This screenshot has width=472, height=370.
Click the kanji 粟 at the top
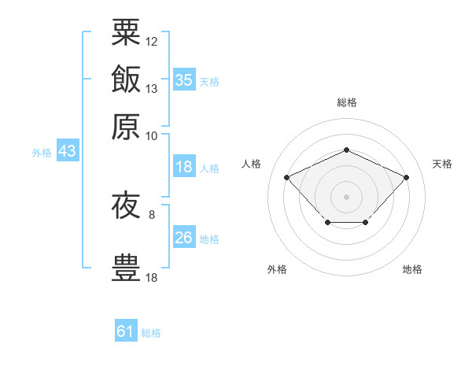[126, 32]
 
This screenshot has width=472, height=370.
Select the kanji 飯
[126, 80]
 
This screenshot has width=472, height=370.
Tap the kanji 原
[126, 126]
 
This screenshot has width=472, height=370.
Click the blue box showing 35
[183, 80]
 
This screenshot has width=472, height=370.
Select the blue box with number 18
[183, 168]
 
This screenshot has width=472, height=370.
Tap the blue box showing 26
[183, 238]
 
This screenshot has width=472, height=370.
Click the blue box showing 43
[68, 151]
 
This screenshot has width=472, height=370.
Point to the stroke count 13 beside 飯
[152, 88]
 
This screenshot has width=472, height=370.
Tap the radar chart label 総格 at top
[346, 102]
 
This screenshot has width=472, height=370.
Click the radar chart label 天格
[442, 164]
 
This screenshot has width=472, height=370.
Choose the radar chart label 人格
[251, 164]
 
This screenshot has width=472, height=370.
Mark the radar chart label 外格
[277, 269]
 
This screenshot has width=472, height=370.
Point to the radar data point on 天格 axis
[406, 177]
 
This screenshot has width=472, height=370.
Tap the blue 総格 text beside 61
[151, 333]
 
